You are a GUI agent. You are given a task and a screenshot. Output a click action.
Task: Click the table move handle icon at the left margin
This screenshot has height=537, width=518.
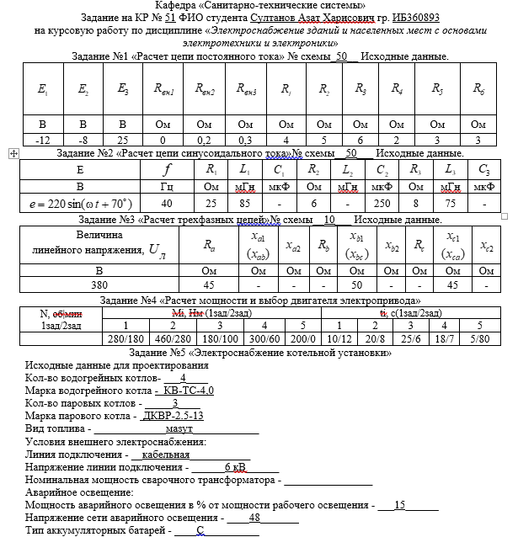pyautogui.click(x=12, y=154)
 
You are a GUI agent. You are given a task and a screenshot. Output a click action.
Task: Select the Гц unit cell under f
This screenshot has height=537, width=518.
pyautogui.click(x=168, y=186)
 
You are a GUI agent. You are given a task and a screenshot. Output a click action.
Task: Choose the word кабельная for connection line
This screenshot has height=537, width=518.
pyautogui.click(x=160, y=454)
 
